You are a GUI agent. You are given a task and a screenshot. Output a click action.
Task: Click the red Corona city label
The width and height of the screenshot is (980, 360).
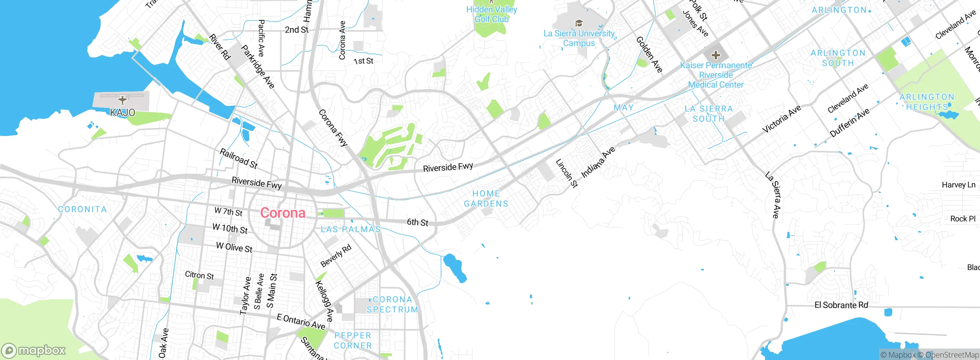[283, 213]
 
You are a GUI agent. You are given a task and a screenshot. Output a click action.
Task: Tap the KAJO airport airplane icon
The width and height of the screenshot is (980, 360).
[122, 100]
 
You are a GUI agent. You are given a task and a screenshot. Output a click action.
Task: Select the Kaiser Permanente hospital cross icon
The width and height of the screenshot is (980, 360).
[715, 55]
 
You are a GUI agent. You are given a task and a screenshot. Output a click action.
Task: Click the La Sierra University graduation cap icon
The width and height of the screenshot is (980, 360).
[579, 23]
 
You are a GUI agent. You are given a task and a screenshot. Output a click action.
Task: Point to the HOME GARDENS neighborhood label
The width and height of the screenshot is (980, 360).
[486, 199]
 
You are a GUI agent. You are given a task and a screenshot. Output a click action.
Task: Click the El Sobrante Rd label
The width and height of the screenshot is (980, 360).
[841, 305]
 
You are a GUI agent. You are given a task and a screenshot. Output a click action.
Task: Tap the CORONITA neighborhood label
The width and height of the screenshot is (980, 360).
[82, 209]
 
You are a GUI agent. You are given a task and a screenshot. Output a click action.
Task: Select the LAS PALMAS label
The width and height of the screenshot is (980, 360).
[351, 229]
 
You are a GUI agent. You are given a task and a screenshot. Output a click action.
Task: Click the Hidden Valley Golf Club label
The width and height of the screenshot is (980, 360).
[492, 14]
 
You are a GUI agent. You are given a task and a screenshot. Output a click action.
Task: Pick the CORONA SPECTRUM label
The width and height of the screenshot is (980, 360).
[392, 304]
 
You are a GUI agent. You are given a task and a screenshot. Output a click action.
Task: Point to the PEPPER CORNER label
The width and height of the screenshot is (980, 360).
[353, 340]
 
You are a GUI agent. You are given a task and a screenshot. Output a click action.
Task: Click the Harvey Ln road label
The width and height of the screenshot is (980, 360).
[958, 185]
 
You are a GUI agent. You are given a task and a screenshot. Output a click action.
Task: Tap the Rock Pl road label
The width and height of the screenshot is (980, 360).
[963, 219]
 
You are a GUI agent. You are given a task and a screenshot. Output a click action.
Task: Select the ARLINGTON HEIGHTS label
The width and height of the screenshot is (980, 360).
[927, 102]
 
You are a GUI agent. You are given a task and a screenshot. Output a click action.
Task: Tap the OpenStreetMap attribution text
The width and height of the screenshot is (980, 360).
[952, 355]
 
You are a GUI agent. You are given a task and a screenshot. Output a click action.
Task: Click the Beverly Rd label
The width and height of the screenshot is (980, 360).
[336, 256]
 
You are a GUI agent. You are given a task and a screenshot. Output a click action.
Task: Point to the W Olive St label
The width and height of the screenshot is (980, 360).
[234, 247]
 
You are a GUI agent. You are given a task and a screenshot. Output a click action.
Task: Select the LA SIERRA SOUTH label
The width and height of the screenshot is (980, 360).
[709, 114]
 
